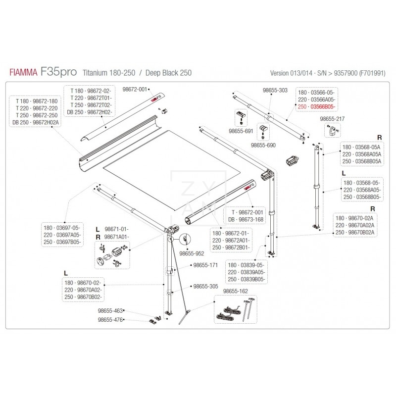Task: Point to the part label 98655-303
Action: [273, 91]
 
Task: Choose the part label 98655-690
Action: [262, 146]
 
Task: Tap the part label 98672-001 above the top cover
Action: [136, 90]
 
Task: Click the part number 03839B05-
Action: [253, 279]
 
